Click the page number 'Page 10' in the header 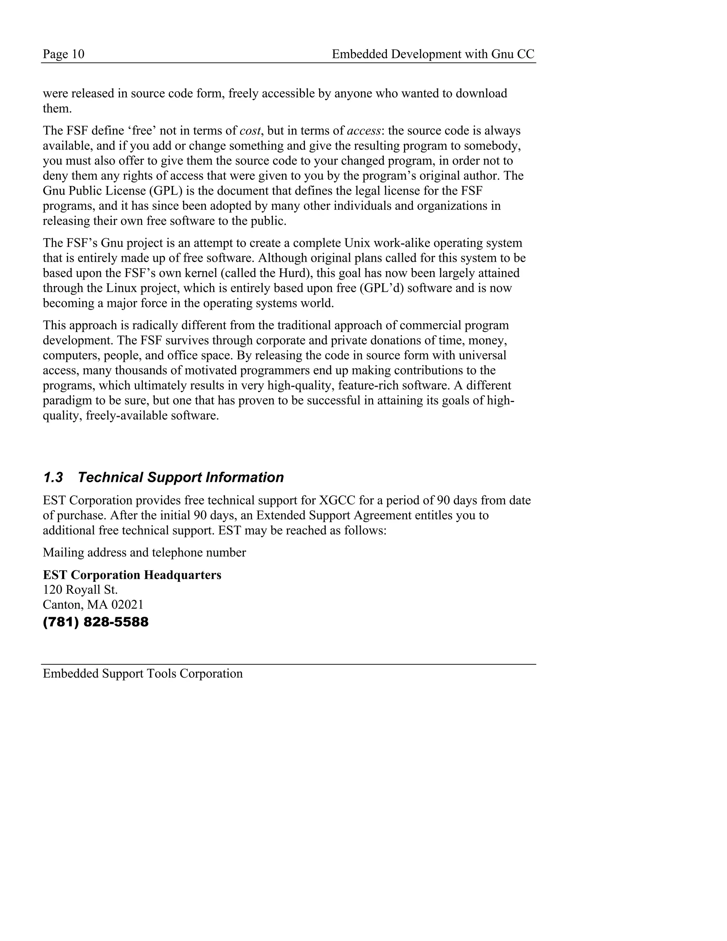pos(63,54)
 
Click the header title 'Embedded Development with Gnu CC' pos(433,54)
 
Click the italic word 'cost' pos(250,131)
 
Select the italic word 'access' pos(363,131)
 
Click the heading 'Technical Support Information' pos(181,477)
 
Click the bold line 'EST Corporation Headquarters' pos(132,575)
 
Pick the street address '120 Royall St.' pos(80,589)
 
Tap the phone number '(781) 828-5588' pos(95,622)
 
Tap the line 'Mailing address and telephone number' pos(144,553)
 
